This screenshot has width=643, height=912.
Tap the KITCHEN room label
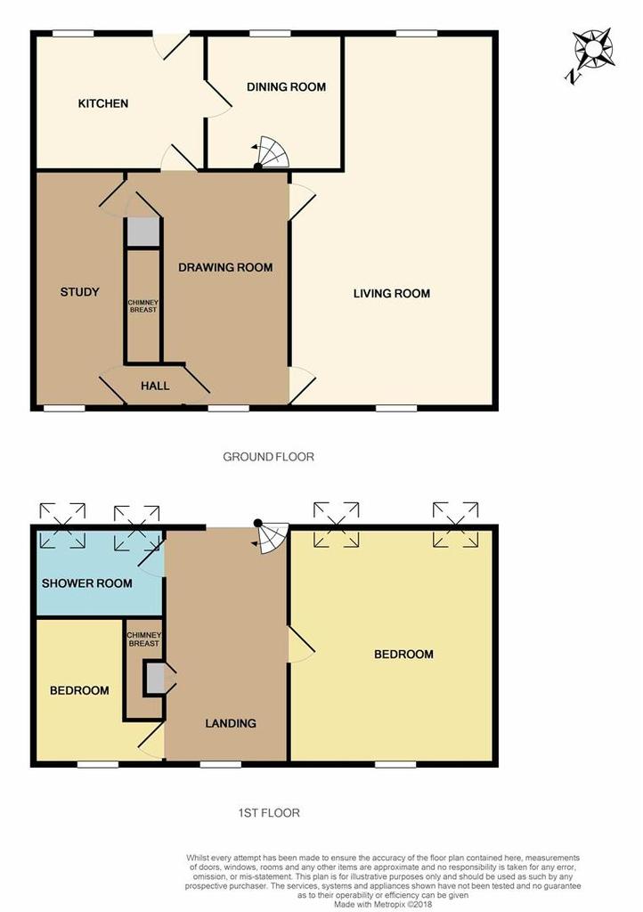point(103,104)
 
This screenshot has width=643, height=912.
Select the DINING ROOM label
point(286,87)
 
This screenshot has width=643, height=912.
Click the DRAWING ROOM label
point(225,267)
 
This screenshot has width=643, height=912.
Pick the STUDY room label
point(79,292)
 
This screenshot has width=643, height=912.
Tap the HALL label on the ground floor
point(155,387)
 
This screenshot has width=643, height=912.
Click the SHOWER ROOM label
point(87,584)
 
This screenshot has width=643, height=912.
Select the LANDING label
point(231,723)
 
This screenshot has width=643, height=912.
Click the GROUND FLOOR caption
point(268,457)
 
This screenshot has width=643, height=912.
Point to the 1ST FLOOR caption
point(268,813)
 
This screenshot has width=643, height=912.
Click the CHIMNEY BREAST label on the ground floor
point(142,305)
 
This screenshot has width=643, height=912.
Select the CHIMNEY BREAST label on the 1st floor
point(143,638)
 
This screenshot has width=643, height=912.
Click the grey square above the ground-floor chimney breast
point(142,231)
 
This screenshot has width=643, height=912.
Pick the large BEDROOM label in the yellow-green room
point(403,655)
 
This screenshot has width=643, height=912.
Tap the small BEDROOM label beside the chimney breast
point(79,691)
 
